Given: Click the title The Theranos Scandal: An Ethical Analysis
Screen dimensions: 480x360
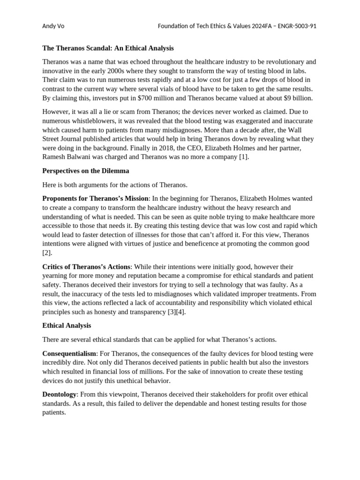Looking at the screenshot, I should pos(108,48).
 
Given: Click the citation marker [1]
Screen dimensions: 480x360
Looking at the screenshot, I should pos(243,157).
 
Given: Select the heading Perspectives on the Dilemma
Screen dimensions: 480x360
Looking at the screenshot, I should pos(85,171).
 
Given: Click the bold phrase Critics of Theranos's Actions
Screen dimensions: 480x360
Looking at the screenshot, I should pos(86,267).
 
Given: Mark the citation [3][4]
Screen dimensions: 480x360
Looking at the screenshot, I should pos(176,312).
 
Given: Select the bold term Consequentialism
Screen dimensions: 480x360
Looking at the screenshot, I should pos(69,353).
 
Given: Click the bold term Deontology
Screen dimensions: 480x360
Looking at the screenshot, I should pos(59,395).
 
